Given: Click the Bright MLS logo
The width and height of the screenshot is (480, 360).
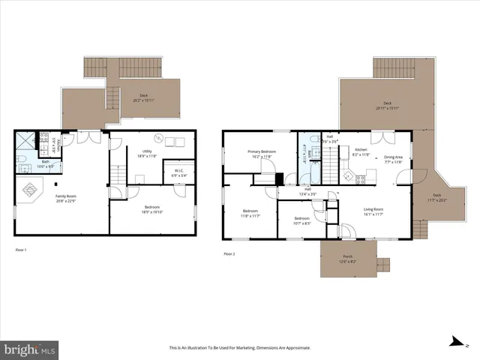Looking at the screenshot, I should pyautogui.click(x=29, y=349).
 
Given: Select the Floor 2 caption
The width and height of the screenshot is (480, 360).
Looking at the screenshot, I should pyautogui.click(x=229, y=253).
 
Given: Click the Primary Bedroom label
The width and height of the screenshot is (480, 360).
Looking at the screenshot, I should pyautogui.click(x=262, y=153).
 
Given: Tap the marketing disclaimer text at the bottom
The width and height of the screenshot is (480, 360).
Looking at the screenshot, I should pyautogui.click(x=239, y=347).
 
